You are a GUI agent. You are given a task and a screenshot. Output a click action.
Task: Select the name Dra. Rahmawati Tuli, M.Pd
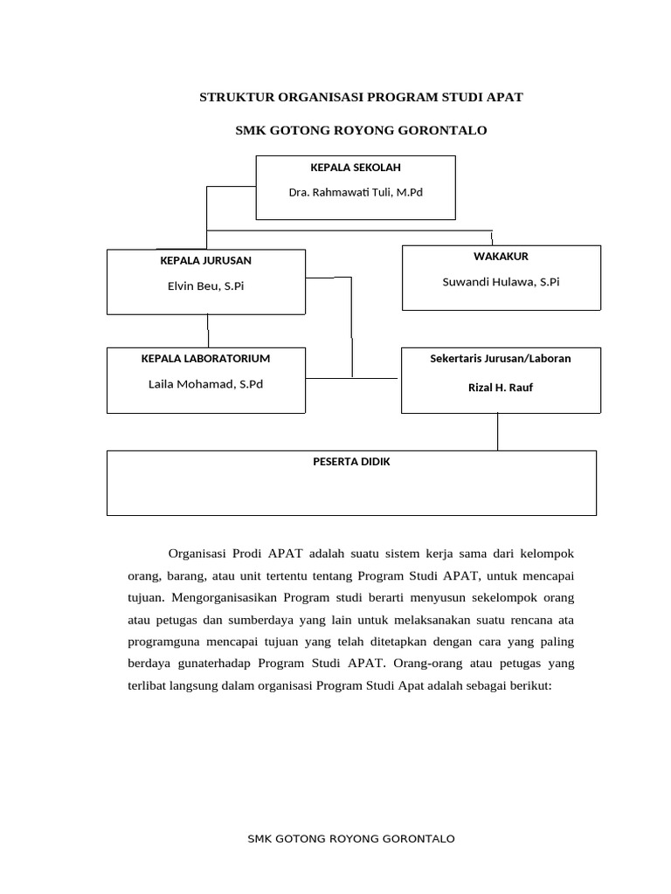(356, 191)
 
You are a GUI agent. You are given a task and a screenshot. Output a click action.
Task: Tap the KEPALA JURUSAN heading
(206, 260)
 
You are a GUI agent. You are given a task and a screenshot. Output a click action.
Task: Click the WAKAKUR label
(501, 257)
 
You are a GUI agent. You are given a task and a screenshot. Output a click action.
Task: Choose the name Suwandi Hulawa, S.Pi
(501, 281)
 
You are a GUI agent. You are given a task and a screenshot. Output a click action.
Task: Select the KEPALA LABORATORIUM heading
(205, 358)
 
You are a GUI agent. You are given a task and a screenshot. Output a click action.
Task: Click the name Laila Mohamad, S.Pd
(205, 383)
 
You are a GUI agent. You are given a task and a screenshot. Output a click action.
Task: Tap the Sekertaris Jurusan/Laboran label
(501, 358)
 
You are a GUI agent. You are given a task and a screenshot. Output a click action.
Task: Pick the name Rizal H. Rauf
(501, 388)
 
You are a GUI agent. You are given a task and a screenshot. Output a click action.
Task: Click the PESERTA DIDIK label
(351, 462)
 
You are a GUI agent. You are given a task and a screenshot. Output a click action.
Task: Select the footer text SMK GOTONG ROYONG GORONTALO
(351, 839)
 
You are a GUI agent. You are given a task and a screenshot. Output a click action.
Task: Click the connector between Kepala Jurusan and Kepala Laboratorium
(208, 331)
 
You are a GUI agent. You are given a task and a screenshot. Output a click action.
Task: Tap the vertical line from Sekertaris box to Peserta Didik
(497, 431)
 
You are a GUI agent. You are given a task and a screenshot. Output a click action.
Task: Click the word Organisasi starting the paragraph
(197, 554)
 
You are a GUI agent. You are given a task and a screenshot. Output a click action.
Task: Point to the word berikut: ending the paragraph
(527, 687)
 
